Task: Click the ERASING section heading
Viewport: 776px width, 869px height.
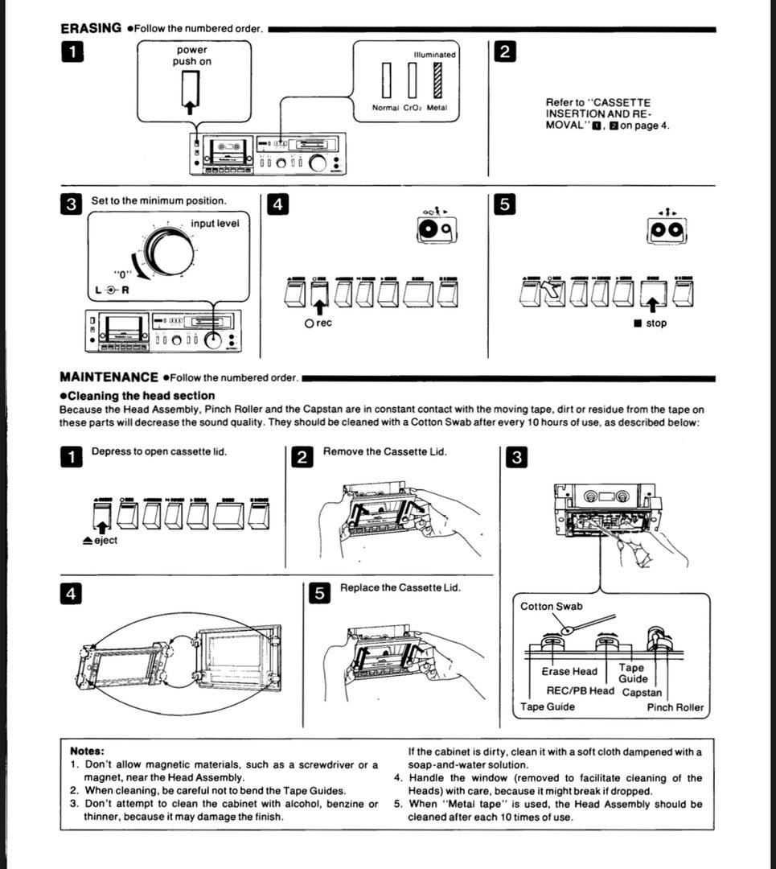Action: (91, 28)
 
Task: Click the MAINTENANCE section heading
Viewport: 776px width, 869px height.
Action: (109, 377)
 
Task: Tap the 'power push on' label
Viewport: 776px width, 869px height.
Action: (191, 56)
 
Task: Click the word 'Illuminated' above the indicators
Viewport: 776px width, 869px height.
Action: (434, 55)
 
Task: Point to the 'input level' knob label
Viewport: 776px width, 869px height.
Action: (215, 223)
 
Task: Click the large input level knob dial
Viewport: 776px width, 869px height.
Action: (169, 253)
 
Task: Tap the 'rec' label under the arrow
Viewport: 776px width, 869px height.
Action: (318, 323)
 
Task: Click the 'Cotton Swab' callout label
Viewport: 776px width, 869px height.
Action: (552, 606)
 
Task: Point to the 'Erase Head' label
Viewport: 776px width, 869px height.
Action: (569, 671)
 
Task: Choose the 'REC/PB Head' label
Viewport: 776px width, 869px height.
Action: (580, 690)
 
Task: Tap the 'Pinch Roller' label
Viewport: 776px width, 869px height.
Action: (675, 708)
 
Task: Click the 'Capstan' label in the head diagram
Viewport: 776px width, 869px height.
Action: (642, 692)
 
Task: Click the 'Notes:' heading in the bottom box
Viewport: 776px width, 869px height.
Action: (88, 751)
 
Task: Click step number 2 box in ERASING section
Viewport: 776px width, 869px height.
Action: (503, 52)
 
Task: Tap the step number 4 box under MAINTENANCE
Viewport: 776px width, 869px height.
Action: (71, 594)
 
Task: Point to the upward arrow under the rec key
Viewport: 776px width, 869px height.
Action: (318, 304)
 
